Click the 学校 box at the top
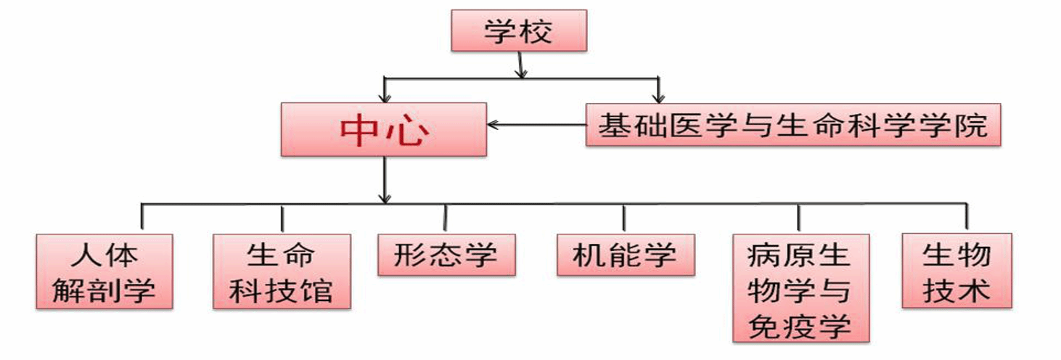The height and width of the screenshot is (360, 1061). click(518, 31)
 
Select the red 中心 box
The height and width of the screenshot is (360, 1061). click(383, 129)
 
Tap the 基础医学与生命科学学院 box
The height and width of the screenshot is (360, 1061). click(792, 125)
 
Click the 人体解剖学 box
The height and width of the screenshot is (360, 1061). click(105, 271)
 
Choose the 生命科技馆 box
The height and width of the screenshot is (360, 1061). click(282, 271)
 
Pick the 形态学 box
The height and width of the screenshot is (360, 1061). click(446, 255)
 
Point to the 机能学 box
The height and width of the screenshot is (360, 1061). click(625, 255)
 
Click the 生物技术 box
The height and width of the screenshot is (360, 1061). click(956, 271)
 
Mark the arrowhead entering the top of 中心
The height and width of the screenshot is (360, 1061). click(385, 97)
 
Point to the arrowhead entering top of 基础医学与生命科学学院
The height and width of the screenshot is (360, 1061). click(658, 97)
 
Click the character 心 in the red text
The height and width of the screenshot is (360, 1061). click(407, 131)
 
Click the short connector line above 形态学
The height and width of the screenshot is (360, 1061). click(446, 218)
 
